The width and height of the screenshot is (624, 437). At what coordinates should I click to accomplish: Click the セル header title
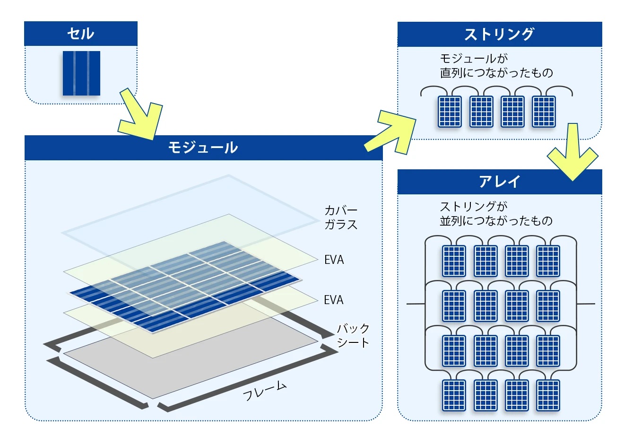click(x=80, y=34)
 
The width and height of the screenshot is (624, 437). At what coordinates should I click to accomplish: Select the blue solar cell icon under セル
click(x=81, y=73)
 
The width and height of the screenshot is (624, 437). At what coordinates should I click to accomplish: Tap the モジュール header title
click(x=203, y=148)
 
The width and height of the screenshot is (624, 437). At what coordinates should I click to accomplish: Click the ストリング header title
click(x=499, y=34)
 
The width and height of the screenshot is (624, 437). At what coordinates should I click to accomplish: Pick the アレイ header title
click(x=499, y=182)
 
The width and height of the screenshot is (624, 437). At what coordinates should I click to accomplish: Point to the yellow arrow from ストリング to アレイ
click(x=572, y=154)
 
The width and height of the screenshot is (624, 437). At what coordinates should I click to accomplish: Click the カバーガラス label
click(x=341, y=218)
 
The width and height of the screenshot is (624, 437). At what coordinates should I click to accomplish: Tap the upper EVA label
click(x=334, y=260)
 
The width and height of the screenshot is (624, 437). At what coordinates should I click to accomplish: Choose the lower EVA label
click(x=334, y=300)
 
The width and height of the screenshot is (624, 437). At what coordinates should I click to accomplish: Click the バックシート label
click(x=353, y=335)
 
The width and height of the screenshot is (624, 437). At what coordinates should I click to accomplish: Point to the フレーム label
click(x=265, y=391)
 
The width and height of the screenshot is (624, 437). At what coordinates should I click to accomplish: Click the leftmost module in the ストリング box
click(x=449, y=112)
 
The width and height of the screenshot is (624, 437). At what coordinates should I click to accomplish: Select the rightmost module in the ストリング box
click(x=544, y=112)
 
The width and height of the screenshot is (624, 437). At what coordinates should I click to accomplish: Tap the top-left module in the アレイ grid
click(x=454, y=261)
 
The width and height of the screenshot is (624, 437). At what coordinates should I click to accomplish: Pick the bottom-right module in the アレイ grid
click(x=548, y=395)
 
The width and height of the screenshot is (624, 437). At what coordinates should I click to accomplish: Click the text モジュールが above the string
click(x=473, y=59)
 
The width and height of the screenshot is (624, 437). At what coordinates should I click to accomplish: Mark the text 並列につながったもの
click(x=496, y=221)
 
